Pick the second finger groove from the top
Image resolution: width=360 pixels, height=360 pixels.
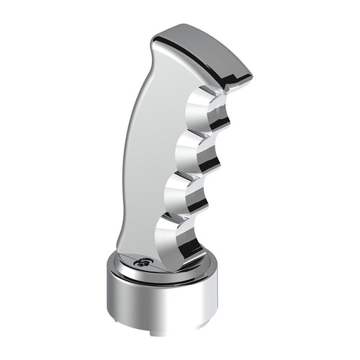tap(194, 155)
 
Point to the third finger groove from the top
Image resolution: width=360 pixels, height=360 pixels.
tap(186, 197)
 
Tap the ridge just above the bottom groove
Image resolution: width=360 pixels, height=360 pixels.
tap(195, 217)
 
